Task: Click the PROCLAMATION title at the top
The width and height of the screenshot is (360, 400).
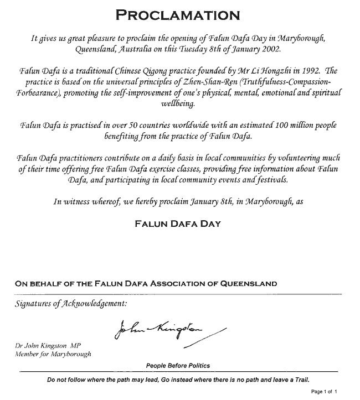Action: pos(177,15)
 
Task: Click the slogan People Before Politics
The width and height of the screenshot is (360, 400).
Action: pos(178,366)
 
